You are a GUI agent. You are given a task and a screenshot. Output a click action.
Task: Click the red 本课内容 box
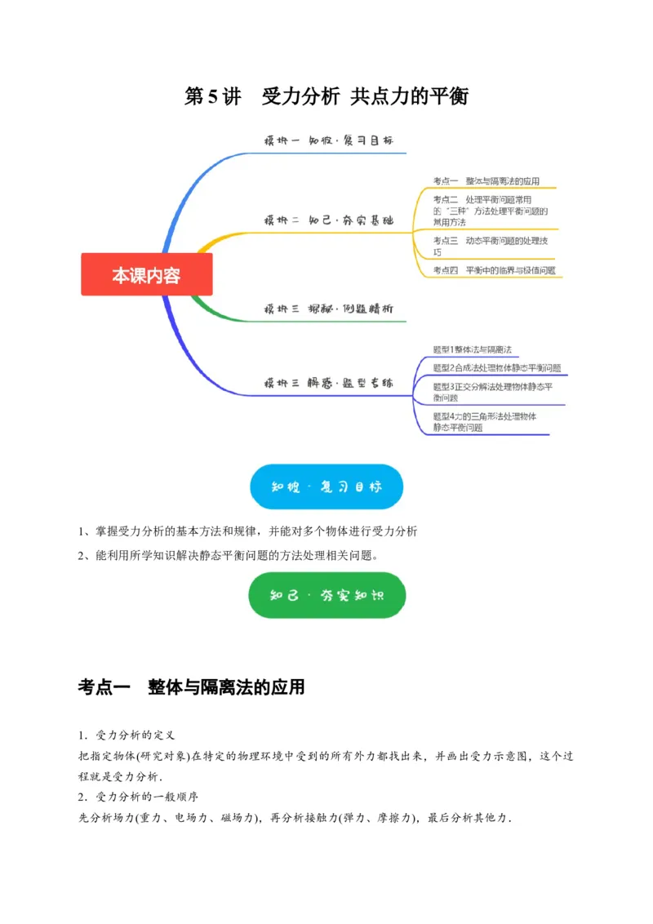(x=147, y=274)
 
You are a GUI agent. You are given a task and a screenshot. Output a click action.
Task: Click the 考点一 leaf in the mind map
(x=486, y=181)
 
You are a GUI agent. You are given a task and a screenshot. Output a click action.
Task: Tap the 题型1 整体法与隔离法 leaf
(x=478, y=349)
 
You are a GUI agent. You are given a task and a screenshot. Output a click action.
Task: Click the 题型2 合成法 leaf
(x=496, y=367)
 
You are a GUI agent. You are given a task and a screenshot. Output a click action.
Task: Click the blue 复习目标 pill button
(x=326, y=486)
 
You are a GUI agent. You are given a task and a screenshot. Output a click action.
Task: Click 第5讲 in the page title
(x=213, y=96)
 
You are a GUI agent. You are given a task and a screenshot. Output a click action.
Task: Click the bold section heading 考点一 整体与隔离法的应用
(x=191, y=687)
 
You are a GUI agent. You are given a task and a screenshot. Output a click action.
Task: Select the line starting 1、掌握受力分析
(x=247, y=531)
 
